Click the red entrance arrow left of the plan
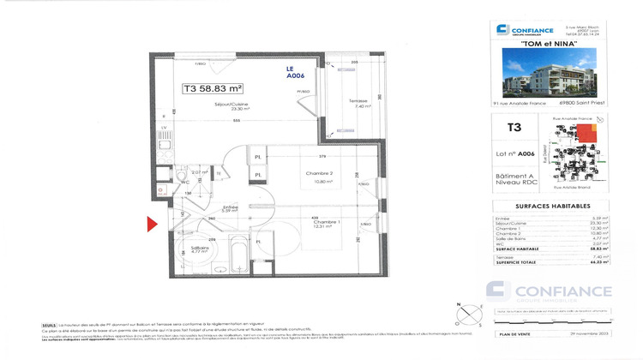tap(152, 225)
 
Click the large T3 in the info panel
tap(514, 128)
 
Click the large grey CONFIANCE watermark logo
tap(549, 291)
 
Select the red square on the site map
tap(586, 131)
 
